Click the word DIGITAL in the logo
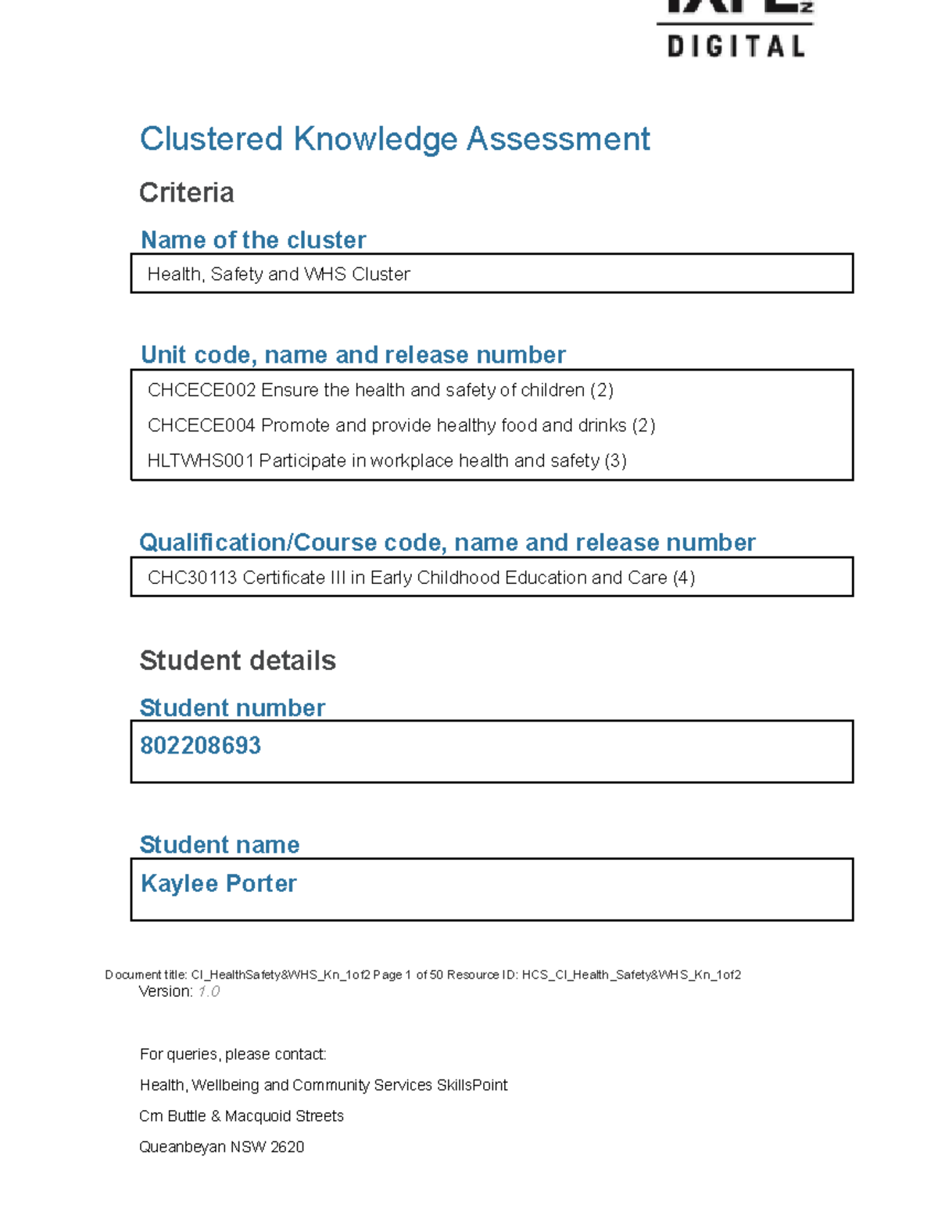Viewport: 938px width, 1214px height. pos(736,47)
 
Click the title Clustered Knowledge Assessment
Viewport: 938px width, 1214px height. pos(394,139)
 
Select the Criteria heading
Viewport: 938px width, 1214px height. pos(186,192)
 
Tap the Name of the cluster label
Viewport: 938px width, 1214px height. pos(252,240)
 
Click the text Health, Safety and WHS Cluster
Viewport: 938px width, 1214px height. pos(278,274)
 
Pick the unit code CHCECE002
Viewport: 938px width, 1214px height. pos(201,390)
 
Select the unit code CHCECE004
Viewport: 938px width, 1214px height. pos(201,425)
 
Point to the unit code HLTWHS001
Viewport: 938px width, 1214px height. pos(200,460)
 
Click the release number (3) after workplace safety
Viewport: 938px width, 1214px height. pos(615,460)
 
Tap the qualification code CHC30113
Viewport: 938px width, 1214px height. pos(192,578)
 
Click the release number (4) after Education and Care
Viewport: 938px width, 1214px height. pos(683,578)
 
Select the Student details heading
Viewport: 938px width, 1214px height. pos(237,661)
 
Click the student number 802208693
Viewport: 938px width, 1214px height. pos(200,746)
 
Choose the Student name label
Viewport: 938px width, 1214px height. pos(219,845)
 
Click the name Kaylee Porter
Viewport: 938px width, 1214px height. pos(218,883)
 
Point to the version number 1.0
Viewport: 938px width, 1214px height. pos(208,991)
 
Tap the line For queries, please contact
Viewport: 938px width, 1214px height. pos(232,1055)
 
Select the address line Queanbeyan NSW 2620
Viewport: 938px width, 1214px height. pos(221,1147)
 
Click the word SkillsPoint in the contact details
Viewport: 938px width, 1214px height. pos(471,1085)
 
